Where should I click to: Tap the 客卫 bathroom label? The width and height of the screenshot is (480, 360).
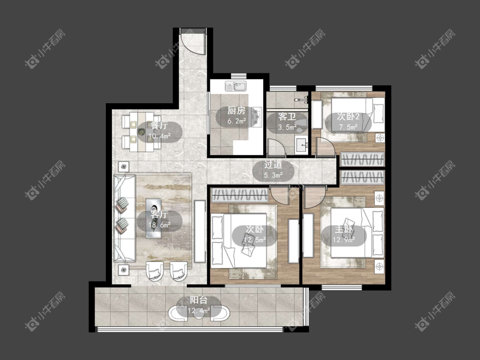[x=287, y=116]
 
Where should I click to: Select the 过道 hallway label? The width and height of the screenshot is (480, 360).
[x=273, y=165]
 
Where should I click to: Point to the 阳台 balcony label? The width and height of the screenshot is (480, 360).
[x=199, y=300]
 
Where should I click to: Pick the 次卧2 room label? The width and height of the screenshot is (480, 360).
[x=348, y=116]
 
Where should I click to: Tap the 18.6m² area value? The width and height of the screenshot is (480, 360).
[x=159, y=225]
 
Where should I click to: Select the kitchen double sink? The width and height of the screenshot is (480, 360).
[x=236, y=86]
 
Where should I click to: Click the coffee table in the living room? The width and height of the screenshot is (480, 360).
[x=154, y=218]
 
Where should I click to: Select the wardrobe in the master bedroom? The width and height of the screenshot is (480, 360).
[x=362, y=177]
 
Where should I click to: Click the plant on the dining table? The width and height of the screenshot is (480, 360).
[x=141, y=132]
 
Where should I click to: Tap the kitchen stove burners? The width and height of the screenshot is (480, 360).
[x=257, y=116]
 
